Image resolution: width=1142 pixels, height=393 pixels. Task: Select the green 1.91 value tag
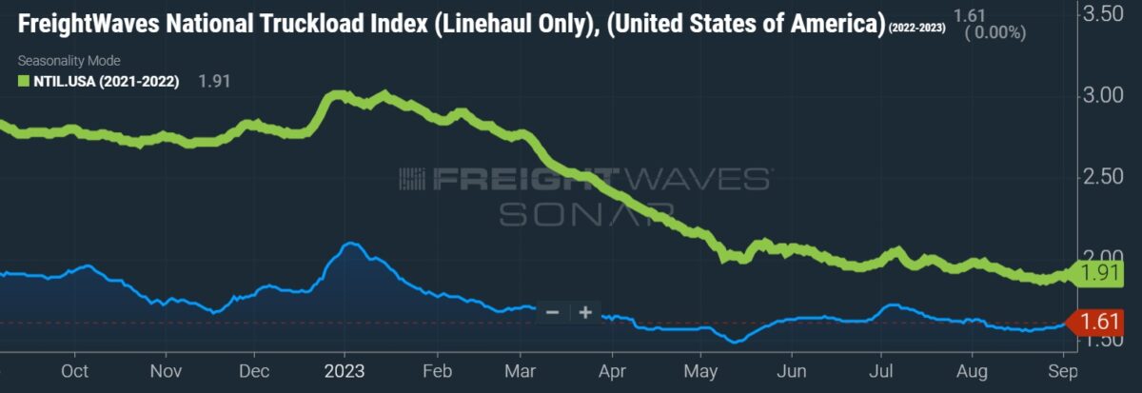(1101, 274)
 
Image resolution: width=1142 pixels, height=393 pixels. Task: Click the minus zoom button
(553, 311)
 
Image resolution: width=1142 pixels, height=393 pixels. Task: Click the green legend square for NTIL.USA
(23, 82)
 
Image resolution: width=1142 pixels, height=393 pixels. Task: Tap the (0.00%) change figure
(994, 31)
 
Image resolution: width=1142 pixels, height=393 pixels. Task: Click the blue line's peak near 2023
(350, 244)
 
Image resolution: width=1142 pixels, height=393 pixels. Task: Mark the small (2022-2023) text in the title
(916, 28)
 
